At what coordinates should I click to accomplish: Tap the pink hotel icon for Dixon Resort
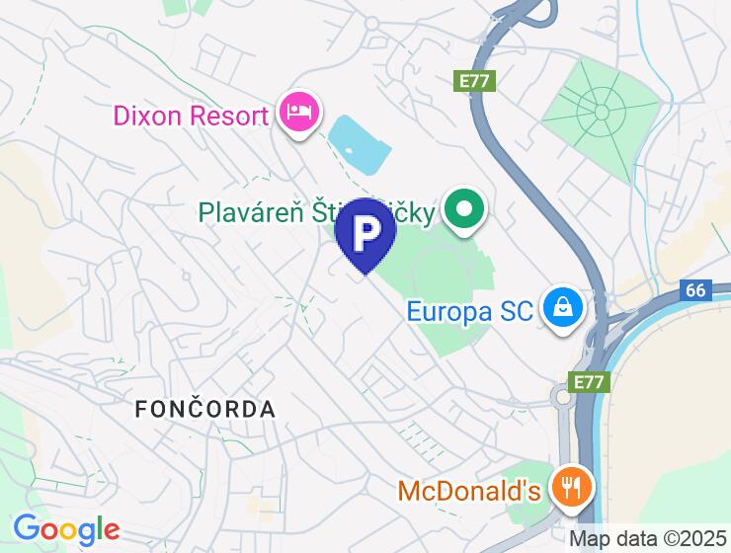tap(297, 113)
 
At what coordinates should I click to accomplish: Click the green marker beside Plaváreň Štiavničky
tap(462, 208)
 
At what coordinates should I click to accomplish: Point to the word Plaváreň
tap(246, 211)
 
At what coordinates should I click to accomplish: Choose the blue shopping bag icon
tap(562, 309)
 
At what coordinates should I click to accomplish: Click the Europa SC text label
tap(469, 312)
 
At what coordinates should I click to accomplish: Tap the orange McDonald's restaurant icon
tap(571, 488)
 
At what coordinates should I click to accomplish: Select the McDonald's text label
tap(469, 490)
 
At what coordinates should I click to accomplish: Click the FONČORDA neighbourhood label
tap(204, 408)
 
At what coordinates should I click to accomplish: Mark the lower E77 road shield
tap(583, 380)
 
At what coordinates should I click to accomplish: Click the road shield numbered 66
tap(695, 291)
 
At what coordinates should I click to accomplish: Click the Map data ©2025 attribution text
tap(647, 539)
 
